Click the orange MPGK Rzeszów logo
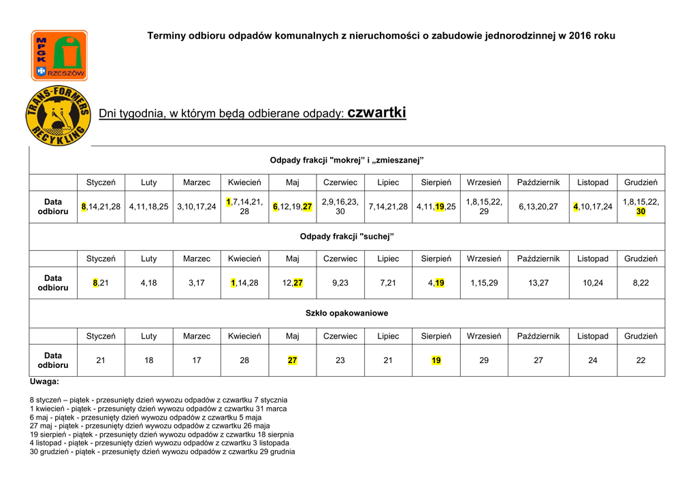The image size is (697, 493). (59, 55)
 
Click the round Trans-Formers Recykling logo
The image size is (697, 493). (58, 115)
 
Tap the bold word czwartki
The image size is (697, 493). (376, 112)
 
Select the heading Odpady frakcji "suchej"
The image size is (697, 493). (346, 237)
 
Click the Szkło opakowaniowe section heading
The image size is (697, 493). (346, 313)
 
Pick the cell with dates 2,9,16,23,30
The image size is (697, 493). (340, 207)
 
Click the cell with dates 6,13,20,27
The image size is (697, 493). (538, 207)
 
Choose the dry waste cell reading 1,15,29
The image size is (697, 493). (484, 283)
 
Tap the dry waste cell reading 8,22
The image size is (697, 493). (641, 283)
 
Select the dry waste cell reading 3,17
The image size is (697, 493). (197, 283)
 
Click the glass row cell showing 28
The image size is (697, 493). (244, 360)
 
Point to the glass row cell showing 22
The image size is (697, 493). (641, 360)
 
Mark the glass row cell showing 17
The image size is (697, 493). (197, 360)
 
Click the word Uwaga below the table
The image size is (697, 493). (44, 381)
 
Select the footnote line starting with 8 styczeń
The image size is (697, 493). (159, 400)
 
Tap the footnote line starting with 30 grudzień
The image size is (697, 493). (162, 451)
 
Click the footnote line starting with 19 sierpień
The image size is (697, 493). (162, 434)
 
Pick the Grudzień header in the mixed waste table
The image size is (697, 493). (641, 182)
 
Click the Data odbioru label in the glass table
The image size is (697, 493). (53, 360)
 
